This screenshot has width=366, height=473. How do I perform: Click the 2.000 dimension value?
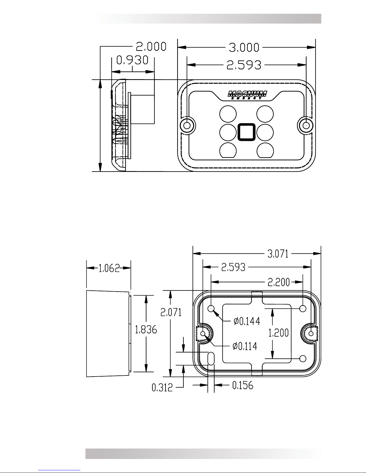click(x=151, y=47)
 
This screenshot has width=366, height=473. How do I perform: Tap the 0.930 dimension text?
click(x=132, y=60)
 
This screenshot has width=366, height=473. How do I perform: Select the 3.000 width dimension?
click(x=244, y=47)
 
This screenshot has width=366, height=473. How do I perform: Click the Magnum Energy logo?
click(x=247, y=95)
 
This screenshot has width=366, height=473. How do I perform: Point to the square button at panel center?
click(x=246, y=132)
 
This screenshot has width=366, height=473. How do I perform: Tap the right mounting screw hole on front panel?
click(x=306, y=126)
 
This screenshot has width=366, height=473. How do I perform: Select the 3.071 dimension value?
click(x=278, y=254)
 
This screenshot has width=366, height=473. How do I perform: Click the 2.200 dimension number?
click(x=279, y=282)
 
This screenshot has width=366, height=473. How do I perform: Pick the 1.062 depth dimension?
click(x=109, y=268)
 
